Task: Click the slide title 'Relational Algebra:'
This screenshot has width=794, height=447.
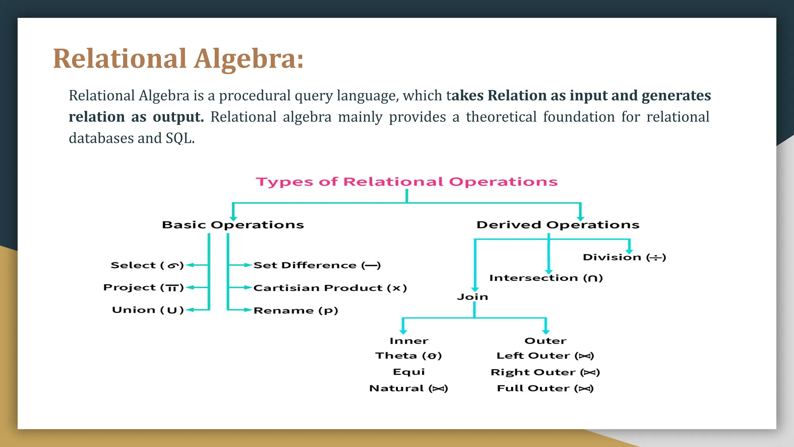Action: [178, 59]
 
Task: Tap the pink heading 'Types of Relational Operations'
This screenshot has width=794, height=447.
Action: [407, 182]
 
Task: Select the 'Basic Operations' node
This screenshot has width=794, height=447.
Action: [233, 225]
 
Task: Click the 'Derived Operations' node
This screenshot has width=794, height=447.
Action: [558, 225]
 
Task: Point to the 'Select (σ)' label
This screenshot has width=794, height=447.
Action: [147, 265]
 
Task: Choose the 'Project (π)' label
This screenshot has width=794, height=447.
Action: [143, 288]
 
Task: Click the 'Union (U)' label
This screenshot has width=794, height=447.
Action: [148, 310]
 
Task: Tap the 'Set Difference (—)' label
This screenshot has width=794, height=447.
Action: [317, 265]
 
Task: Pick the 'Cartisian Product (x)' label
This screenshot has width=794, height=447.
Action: [330, 288]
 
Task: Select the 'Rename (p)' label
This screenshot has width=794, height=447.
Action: [296, 310]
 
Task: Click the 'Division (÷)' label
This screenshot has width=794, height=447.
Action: [624, 257]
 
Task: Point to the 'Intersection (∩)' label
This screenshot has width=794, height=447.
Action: [546, 278]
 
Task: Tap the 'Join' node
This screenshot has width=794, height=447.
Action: [472, 297]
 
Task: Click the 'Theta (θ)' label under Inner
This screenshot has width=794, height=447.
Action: [408, 356]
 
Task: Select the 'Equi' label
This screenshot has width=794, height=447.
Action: [409, 372]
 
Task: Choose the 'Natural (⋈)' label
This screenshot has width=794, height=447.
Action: [408, 388]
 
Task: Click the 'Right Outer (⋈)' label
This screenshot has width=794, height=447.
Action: [545, 372]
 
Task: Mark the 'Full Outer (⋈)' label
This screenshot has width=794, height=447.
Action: [545, 388]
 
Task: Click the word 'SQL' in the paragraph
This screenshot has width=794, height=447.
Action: [179, 138]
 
